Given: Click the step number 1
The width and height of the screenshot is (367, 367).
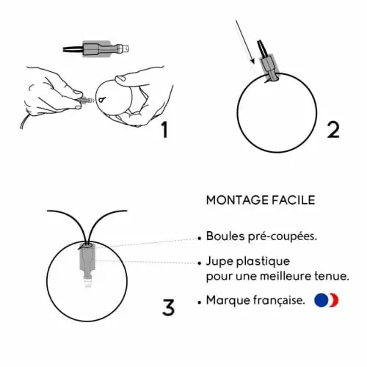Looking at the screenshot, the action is (165, 129).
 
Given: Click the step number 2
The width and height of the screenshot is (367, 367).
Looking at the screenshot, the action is (333, 129).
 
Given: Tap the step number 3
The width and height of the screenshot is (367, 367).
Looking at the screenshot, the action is (168, 307).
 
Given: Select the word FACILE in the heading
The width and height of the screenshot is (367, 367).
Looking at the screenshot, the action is (294, 200).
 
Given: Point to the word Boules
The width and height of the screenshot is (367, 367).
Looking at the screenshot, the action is (225, 236).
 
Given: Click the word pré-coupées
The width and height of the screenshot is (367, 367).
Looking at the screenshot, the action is (283, 237).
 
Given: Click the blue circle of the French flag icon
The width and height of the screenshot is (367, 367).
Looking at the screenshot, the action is (321, 300).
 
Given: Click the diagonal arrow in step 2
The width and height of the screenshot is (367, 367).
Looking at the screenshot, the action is (245, 42).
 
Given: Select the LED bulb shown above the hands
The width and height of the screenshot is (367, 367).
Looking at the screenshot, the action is (96, 48).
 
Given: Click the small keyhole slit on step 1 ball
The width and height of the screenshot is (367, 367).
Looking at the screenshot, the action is (102, 100).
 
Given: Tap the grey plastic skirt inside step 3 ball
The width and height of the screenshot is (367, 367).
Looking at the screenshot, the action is (87, 258).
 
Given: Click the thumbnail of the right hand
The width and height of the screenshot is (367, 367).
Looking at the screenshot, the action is (120, 79).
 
